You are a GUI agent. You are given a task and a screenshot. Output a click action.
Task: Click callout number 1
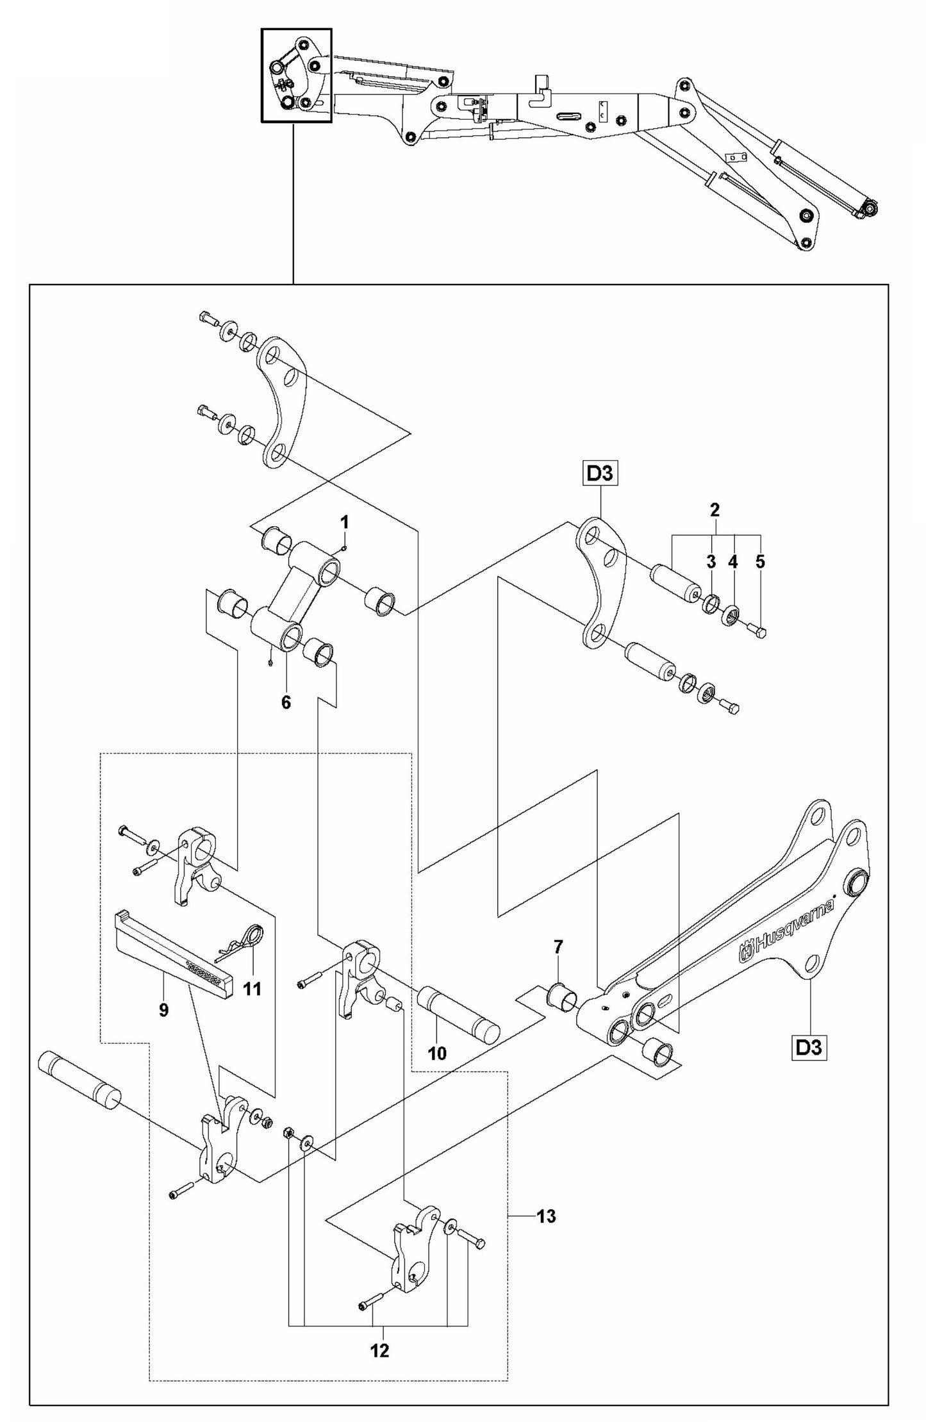[x=344, y=522]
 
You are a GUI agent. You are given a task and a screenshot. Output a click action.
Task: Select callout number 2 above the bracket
[x=715, y=510]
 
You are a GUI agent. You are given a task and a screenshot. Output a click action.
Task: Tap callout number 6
[x=286, y=702]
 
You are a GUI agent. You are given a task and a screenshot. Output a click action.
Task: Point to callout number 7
[x=558, y=946]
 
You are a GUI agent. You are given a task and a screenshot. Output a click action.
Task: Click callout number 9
[x=163, y=1010]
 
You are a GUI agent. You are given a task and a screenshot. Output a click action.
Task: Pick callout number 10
[x=437, y=1054]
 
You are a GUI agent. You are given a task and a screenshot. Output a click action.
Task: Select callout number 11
[x=252, y=989]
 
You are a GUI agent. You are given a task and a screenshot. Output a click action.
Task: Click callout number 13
[x=546, y=1216]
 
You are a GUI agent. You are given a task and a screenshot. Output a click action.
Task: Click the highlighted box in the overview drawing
[x=296, y=75]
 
